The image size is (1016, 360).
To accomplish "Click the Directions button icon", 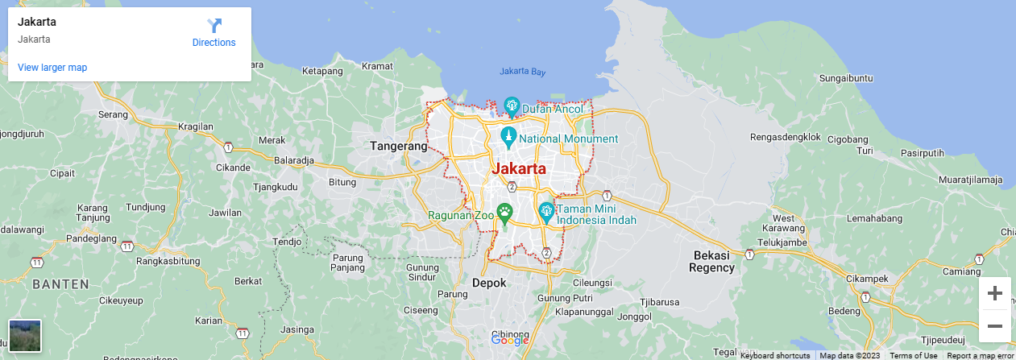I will (214, 26).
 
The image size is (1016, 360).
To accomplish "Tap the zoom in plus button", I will (994, 293).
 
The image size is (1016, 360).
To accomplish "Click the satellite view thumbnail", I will (24, 335).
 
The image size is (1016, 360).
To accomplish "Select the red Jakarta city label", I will (518, 169).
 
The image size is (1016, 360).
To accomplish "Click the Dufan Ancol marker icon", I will (511, 106).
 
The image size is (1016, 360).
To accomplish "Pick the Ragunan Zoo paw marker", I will (504, 213).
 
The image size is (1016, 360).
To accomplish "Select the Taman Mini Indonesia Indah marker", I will (546, 213).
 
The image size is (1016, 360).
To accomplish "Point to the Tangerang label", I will (398, 147).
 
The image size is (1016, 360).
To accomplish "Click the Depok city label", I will (489, 283).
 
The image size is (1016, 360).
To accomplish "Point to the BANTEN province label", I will (60, 284).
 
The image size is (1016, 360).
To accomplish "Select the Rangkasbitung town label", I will (168, 261).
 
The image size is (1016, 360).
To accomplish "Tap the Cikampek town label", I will (867, 279).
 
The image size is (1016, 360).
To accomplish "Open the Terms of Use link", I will (914, 355).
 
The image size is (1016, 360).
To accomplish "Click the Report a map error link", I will (981, 355).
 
